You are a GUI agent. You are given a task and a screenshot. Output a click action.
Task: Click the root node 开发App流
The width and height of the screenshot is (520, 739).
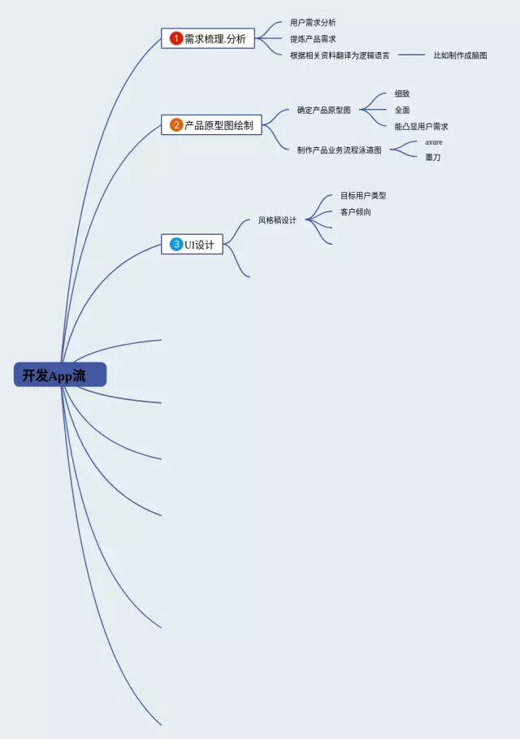coord(60,375)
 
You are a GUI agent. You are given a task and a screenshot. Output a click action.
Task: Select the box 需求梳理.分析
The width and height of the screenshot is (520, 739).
coord(208,38)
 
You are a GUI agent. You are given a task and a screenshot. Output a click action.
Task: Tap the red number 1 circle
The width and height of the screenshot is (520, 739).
coord(176,38)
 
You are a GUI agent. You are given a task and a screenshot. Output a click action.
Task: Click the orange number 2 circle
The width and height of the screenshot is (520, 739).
coord(176,125)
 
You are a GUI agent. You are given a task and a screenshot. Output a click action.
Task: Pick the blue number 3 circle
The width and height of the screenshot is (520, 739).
coord(176,244)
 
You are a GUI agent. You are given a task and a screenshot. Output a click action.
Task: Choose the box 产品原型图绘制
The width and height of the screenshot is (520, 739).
coord(211,125)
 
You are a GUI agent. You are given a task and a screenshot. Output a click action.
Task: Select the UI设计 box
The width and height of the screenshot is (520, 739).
coord(193,244)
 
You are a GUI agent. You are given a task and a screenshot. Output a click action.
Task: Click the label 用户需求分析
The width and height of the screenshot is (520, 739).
coord(313,23)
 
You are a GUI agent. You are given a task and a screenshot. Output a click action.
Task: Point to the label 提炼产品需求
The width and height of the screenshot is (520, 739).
coord(313,39)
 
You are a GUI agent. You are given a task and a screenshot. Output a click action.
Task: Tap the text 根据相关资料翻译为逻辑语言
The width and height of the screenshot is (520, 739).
coord(340,55)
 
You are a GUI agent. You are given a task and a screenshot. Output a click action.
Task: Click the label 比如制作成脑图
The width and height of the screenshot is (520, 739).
coord(460,55)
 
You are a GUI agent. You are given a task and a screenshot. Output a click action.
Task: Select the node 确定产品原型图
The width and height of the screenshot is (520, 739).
coord(324,110)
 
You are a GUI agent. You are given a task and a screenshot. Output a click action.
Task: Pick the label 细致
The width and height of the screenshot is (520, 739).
coord(402,93)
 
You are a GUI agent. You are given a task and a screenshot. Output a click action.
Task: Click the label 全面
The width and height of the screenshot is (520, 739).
coord(402,110)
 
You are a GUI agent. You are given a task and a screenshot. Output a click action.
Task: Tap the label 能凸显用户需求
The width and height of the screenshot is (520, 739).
coord(422,126)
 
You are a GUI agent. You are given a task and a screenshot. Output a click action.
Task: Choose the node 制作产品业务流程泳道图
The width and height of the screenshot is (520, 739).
coord(339,150)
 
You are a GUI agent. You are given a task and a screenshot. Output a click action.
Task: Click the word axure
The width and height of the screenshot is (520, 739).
coord(434,141)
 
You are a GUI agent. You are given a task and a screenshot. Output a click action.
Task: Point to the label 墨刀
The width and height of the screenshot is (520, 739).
coord(433,157)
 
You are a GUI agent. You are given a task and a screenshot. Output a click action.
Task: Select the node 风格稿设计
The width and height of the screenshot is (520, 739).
coord(277,220)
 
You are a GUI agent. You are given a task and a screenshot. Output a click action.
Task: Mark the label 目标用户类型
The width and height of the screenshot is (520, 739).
coord(363,196)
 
